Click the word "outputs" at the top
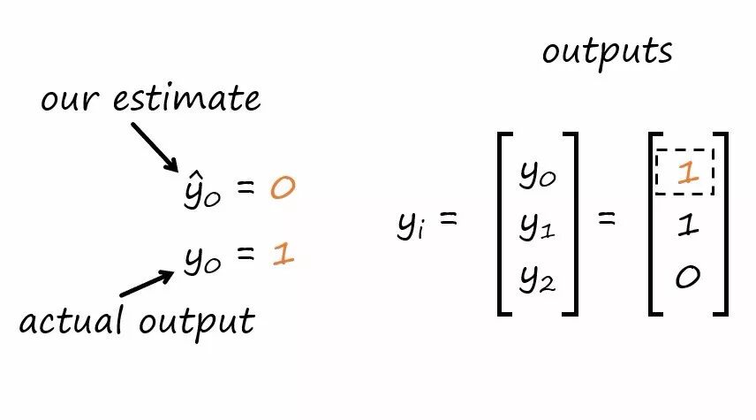click(607, 52)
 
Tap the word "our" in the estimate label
click(70, 101)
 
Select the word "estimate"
click(186, 98)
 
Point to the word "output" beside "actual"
click(197, 322)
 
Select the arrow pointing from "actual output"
click(147, 283)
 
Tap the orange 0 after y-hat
click(283, 187)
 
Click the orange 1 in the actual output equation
click(283, 254)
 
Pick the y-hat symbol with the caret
click(202, 190)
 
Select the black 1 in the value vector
click(687, 225)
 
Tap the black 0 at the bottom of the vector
click(687, 277)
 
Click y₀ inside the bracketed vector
click(538, 174)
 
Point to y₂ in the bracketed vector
click(538, 279)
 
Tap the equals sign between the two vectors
click(607, 218)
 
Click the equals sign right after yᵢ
click(448, 218)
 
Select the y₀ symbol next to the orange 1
click(202, 260)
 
